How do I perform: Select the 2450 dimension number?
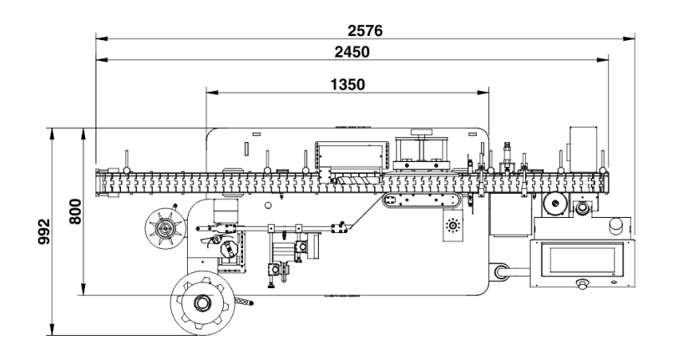352,53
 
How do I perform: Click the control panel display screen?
582,260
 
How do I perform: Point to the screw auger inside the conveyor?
351,180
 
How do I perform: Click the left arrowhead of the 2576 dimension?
99,38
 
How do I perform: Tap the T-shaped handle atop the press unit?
421,133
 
